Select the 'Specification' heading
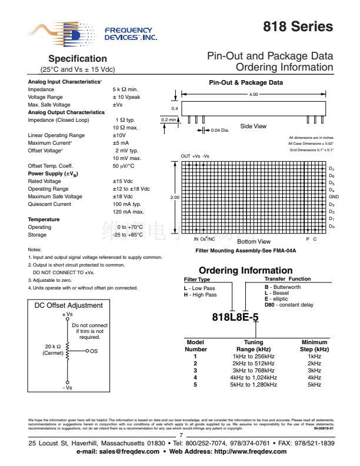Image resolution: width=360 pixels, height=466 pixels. pyautogui.click(x=77, y=59)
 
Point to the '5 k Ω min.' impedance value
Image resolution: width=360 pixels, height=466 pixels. pyautogui.click(x=126, y=89)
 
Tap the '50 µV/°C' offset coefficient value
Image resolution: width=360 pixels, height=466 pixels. pyautogui.click(x=125, y=167)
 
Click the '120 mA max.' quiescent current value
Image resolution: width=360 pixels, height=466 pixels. pyautogui.click(x=129, y=211)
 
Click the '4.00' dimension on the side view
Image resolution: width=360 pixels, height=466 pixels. pyautogui.click(x=254, y=94)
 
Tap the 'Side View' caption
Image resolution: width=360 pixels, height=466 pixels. pyautogui.click(x=253, y=126)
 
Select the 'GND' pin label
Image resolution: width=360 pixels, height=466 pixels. pyautogui.click(x=334, y=197)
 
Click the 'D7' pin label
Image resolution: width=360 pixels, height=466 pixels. pyautogui.click(x=332, y=169)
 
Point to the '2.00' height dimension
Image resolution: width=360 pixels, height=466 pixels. pyautogui.click(x=175, y=197)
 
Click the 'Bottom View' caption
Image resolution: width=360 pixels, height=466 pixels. pyautogui.click(x=254, y=241)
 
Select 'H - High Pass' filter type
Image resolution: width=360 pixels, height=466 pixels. pyautogui.click(x=201, y=294)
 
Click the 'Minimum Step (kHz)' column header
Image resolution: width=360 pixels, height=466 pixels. pyautogui.click(x=314, y=346)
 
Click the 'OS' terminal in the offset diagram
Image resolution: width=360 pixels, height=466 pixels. pyautogui.click(x=93, y=351)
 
